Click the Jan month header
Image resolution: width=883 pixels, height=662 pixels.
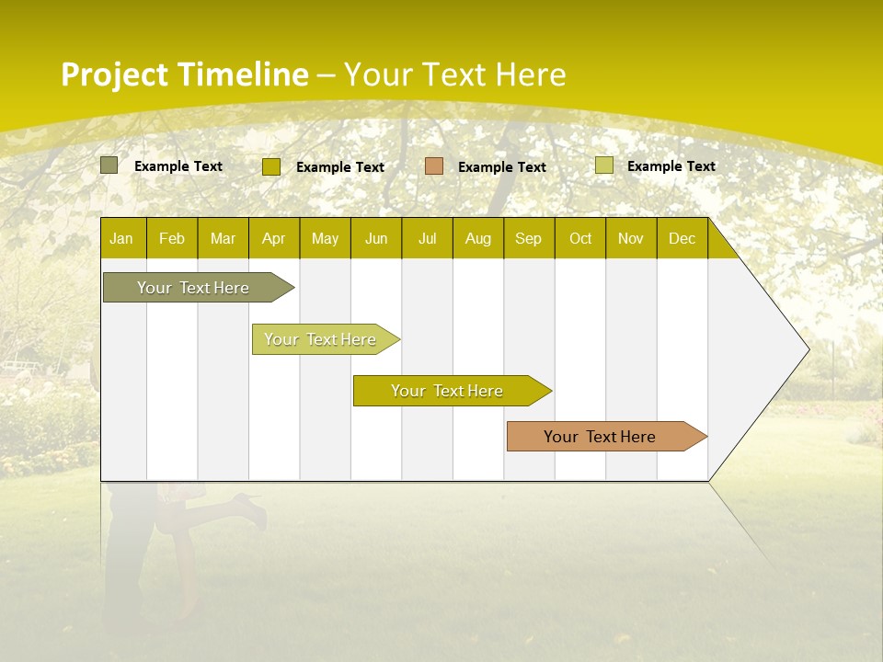[122, 239]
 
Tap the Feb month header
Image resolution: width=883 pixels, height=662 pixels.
[172, 239]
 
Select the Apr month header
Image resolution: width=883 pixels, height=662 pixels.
[274, 239]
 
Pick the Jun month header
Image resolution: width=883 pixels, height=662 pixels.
[376, 239]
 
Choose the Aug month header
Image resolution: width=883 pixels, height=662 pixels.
[478, 239]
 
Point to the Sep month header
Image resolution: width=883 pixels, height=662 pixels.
[529, 239]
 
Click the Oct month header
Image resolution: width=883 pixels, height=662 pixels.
[580, 239]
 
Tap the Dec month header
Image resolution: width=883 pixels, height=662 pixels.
[682, 239]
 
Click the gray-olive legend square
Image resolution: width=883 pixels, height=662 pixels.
[109, 165]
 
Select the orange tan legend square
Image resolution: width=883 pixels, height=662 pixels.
[434, 166]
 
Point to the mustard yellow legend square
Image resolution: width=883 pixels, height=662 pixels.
[271, 166]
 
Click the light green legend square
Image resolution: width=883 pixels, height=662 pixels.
[604, 165]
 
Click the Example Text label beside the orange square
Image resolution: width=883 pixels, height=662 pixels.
[502, 167]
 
